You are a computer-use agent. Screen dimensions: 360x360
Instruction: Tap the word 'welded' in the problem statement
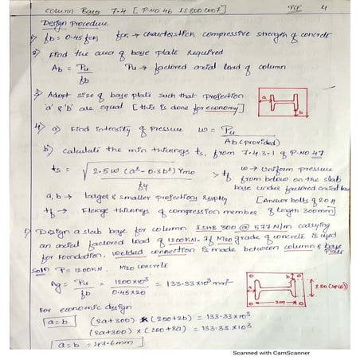(109, 256)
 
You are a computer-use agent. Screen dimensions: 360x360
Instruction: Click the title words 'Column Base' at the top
(48, 11)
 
